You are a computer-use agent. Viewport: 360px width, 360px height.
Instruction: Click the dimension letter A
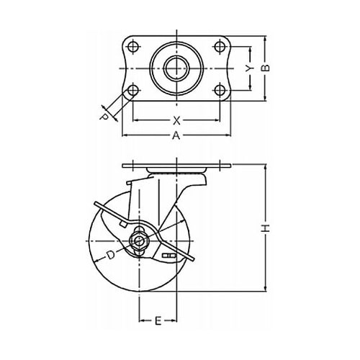[x=176, y=135]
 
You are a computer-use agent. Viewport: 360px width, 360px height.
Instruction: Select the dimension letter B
[x=265, y=68]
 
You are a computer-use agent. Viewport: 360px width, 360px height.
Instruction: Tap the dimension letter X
[x=176, y=121]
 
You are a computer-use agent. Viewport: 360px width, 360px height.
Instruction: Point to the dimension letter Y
[x=250, y=68]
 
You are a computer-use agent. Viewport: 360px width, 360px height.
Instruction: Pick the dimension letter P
[x=104, y=117]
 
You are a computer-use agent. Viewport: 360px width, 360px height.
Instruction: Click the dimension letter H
[x=266, y=228]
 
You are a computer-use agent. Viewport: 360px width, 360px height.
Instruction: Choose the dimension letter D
[x=111, y=255]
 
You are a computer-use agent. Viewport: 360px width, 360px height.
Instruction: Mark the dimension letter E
[x=158, y=321]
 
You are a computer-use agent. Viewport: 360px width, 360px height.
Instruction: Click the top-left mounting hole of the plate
[x=132, y=46]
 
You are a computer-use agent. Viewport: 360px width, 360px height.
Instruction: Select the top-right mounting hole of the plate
[x=220, y=46]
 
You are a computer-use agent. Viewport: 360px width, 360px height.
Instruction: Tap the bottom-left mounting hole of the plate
[x=132, y=91]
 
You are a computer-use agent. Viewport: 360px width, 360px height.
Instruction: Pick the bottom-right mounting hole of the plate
[x=220, y=91]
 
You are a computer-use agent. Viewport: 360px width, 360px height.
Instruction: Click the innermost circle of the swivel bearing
[x=176, y=68]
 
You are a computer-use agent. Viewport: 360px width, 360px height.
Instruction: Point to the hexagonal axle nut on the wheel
[x=139, y=240]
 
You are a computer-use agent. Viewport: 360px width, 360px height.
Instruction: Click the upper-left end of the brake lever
[x=96, y=203]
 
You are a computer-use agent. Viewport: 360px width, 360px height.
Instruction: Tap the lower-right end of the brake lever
[x=192, y=259]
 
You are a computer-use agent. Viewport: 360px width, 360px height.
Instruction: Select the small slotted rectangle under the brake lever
[x=168, y=255]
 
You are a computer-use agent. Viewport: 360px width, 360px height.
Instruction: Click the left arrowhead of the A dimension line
[x=125, y=135]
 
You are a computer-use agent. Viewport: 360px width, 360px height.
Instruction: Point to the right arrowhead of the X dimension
[x=217, y=120]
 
